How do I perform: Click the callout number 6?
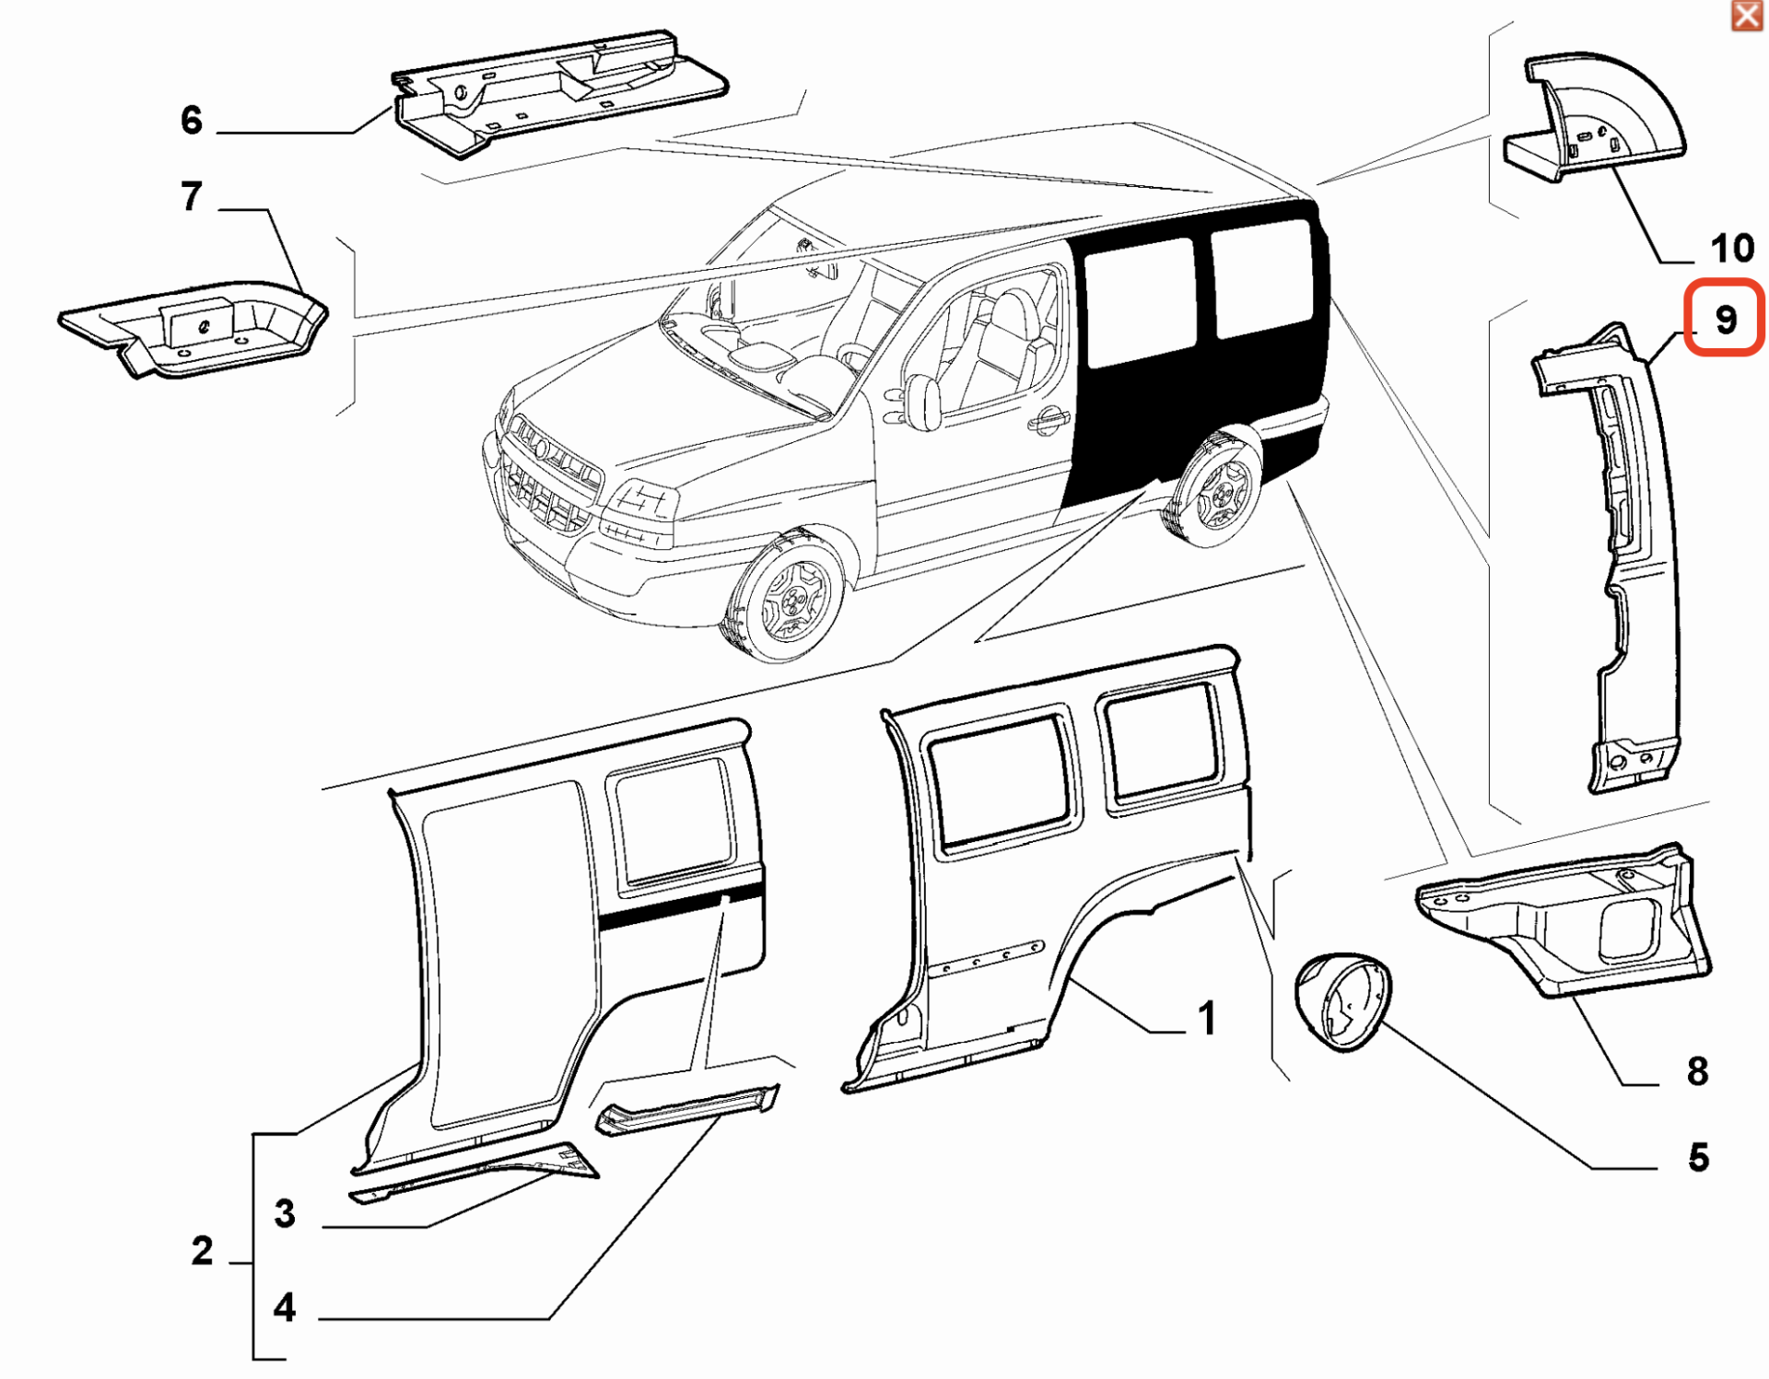(192, 120)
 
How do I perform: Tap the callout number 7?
(192, 196)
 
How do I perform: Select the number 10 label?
(1731, 248)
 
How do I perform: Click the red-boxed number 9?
(1725, 319)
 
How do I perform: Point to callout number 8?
(1697, 1071)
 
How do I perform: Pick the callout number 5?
(1698, 1158)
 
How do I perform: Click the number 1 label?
(1207, 1019)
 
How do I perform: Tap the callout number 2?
(203, 1251)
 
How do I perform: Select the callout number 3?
(285, 1214)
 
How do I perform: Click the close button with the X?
(1747, 16)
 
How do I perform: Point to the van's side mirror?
(922, 402)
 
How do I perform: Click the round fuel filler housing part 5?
(1343, 1002)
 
